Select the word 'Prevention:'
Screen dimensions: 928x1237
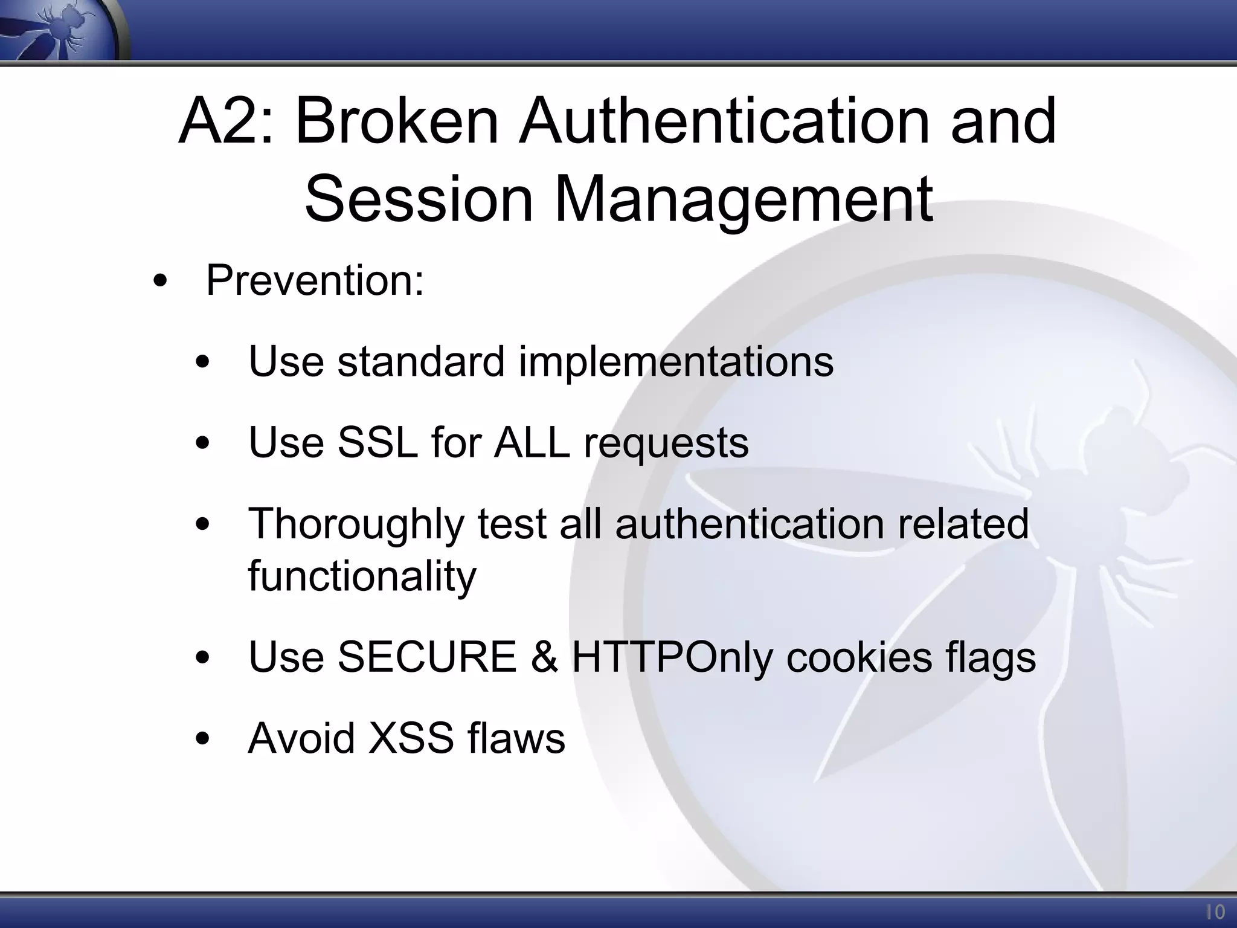315,281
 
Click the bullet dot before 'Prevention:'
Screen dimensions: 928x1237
159,282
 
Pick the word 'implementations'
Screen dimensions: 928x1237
676,362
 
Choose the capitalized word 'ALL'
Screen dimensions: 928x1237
532,442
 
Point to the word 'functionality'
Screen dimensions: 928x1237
362,576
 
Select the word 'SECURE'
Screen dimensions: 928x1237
426,657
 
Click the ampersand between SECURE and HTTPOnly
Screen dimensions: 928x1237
544,657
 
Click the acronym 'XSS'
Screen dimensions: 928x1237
411,738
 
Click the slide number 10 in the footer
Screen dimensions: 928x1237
1215,912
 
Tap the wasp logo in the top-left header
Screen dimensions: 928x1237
57,30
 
